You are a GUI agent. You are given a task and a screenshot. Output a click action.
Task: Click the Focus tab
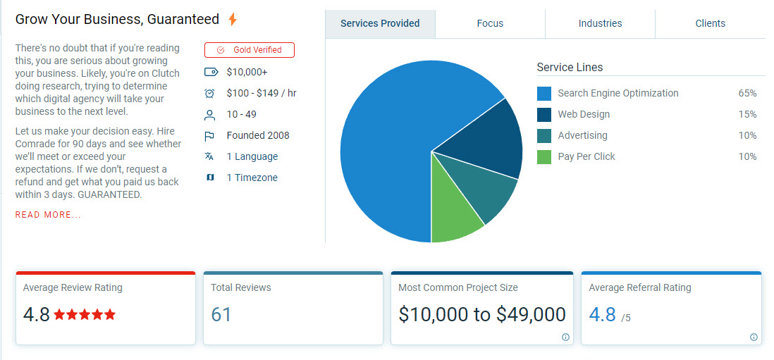point(490,23)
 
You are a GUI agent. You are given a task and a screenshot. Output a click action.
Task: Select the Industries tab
point(600,23)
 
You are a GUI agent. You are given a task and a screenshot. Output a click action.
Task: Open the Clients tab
point(710,23)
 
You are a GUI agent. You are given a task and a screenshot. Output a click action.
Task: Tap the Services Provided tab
point(380,23)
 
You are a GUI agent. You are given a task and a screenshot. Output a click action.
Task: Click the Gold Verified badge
point(250,50)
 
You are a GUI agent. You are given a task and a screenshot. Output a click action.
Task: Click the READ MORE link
point(48,215)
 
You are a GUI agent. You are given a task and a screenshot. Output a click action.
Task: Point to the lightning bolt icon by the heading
point(233,20)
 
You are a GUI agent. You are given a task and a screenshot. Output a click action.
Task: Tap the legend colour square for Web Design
point(544,115)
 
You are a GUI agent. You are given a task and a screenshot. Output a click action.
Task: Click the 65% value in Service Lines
point(747,93)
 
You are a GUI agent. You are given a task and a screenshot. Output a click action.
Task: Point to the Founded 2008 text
point(258,135)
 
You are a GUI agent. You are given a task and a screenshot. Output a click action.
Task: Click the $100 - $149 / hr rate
point(262,93)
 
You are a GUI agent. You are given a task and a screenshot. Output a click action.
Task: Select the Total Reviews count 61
point(221,314)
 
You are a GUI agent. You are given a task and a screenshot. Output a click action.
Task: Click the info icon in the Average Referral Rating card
point(754,337)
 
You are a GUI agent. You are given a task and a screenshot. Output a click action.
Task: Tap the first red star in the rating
point(60,315)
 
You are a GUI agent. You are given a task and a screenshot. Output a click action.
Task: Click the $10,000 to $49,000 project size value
point(482,314)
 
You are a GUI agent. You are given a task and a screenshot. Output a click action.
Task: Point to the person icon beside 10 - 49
point(209,115)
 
